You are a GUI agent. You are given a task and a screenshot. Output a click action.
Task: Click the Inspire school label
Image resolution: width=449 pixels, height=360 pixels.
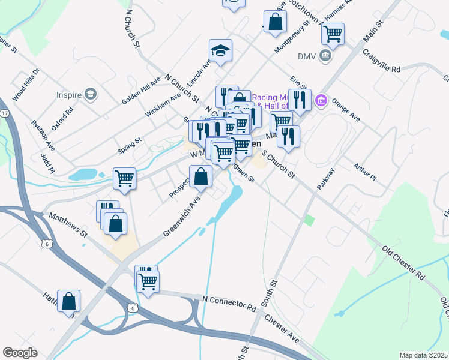click(x=69, y=94)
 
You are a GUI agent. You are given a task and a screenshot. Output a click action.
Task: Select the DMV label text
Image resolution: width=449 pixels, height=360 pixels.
click(x=306, y=56)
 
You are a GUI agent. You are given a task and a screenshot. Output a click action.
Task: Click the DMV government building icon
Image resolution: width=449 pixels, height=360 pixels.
click(x=325, y=56)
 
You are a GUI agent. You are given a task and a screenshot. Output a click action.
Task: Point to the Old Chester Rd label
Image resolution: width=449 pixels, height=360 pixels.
click(x=403, y=263)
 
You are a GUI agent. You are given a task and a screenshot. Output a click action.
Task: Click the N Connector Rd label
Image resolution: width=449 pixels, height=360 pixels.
click(x=229, y=303)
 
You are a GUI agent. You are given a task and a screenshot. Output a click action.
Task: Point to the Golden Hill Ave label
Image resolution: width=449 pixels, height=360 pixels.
click(x=141, y=91)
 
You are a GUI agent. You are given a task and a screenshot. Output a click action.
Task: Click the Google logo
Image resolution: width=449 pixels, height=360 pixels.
click(x=20, y=353)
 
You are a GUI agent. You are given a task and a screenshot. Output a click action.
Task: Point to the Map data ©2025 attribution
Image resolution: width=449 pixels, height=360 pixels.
click(x=423, y=355)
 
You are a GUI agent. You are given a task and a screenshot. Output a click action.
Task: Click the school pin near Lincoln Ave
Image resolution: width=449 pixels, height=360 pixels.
click(x=220, y=51)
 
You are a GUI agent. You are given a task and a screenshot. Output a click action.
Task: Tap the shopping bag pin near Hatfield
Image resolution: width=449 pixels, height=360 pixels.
click(x=69, y=301)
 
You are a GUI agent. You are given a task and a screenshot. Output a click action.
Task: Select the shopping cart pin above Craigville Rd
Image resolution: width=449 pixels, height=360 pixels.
click(x=333, y=34)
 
